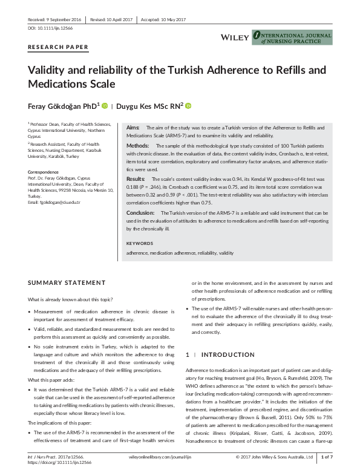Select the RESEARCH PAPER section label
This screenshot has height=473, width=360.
coord(58,47)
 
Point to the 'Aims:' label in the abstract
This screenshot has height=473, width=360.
coord(133,128)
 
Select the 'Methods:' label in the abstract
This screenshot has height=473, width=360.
coord(137,146)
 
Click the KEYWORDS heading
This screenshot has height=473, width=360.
coord(140,243)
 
